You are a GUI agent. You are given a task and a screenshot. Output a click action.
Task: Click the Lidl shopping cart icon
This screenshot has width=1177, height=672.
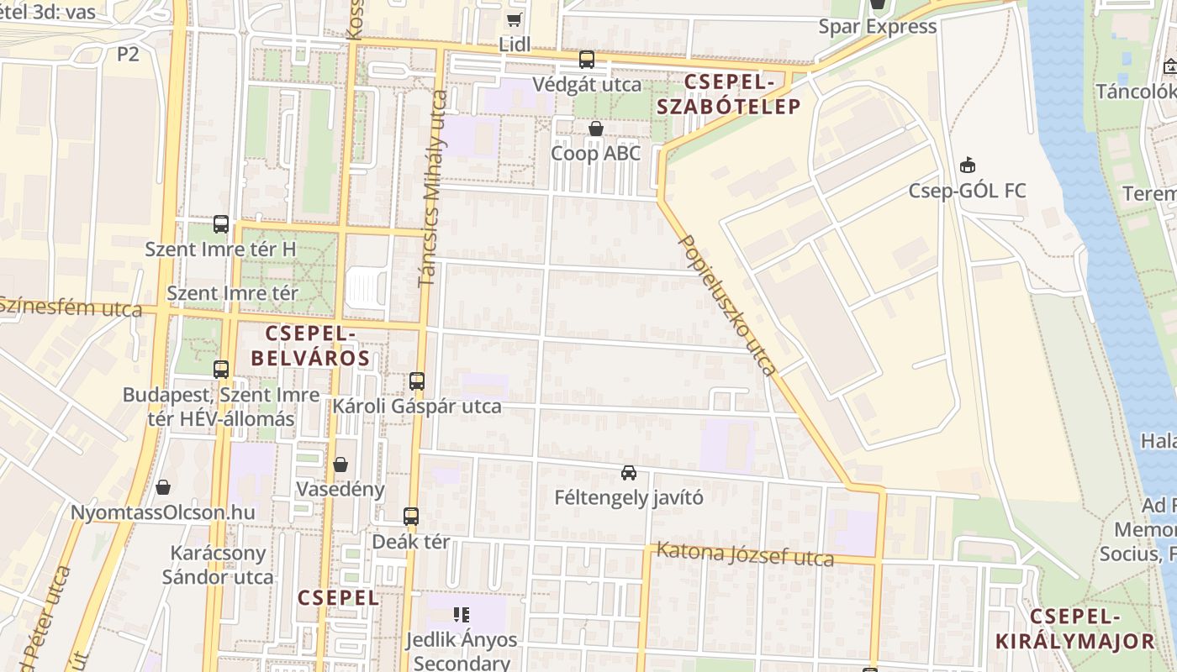(514, 19)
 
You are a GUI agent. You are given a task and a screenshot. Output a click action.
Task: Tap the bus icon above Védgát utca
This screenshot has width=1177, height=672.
(587, 60)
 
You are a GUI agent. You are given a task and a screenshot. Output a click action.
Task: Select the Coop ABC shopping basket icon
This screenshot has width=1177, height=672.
(596, 129)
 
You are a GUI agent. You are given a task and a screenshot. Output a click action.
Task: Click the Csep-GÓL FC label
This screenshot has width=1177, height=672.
(967, 191)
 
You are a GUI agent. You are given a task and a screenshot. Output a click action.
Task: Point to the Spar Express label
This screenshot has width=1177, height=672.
(878, 27)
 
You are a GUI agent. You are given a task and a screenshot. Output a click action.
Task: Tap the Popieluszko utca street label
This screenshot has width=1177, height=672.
(727, 303)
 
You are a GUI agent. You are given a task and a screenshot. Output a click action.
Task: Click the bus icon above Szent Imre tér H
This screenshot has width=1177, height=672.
(221, 224)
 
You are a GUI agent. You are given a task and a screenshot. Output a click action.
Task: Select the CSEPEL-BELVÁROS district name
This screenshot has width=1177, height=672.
(311, 345)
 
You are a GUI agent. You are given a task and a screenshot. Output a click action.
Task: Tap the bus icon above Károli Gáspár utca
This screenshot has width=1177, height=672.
(417, 381)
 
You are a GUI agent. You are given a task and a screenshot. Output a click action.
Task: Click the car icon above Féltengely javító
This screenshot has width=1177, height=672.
(629, 472)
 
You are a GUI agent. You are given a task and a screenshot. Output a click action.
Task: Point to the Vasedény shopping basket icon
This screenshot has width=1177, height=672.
(340, 465)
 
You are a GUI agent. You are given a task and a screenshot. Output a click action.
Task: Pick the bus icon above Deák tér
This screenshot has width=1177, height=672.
(411, 517)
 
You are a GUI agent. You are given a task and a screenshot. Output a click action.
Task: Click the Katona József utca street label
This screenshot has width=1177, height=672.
(744, 554)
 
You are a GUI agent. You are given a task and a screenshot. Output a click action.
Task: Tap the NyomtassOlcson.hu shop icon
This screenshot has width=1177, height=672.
(163, 487)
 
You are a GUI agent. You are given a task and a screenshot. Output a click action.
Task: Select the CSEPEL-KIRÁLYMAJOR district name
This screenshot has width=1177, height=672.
(1075, 628)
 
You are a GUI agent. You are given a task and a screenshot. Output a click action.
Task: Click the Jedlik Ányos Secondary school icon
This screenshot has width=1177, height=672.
(461, 614)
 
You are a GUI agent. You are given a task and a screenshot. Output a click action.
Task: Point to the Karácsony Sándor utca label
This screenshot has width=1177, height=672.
(218, 565)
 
